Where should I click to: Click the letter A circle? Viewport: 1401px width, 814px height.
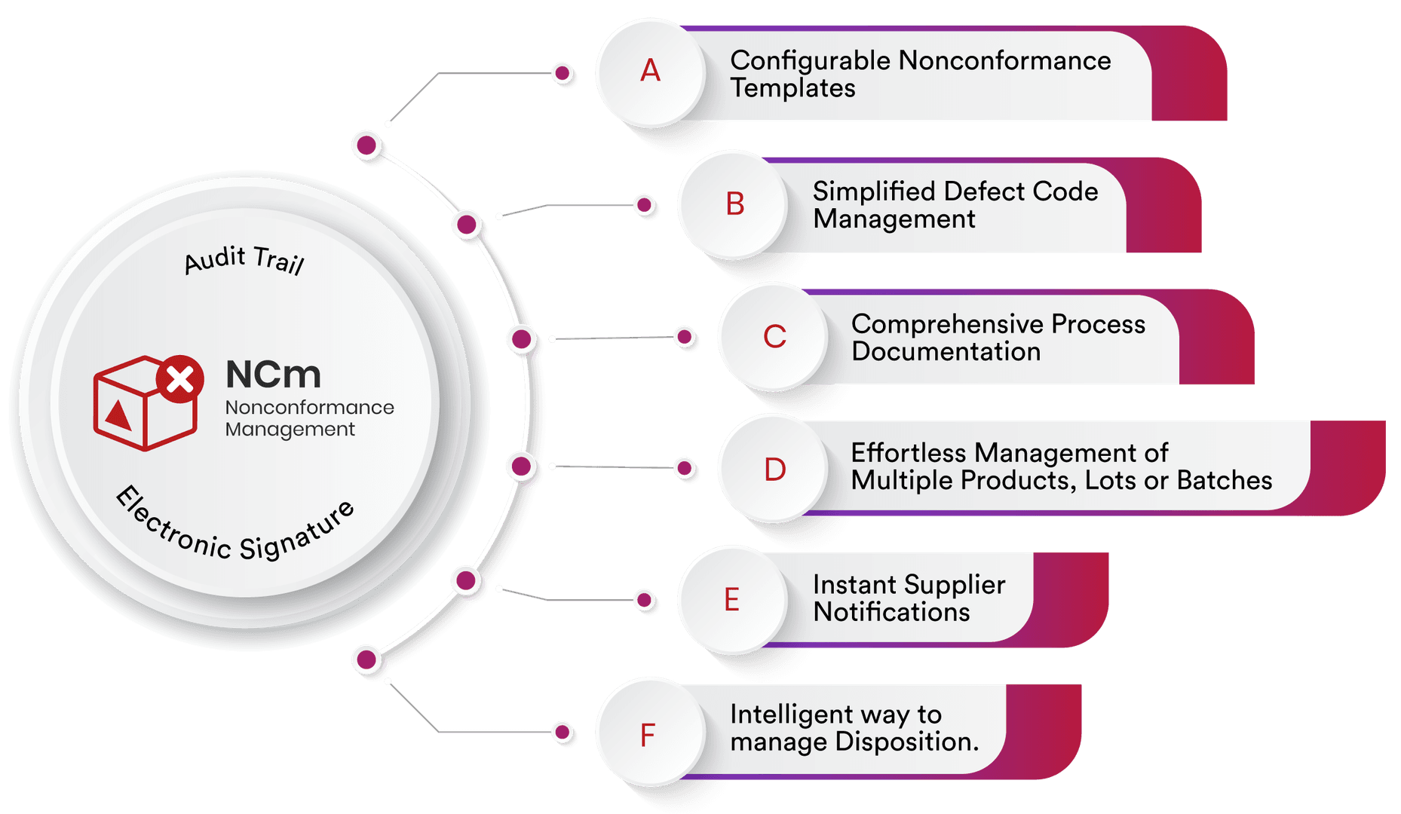click(x=651, y=72)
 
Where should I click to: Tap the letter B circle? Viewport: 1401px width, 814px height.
click(x=734, y=204)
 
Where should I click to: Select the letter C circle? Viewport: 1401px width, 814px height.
click(x=774, y=336)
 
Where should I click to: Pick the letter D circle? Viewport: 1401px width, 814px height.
click(x=774, y=468)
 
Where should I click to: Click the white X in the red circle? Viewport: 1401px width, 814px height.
click(x=180, y=379)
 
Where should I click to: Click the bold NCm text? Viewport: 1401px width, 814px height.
click(x=273, y=375)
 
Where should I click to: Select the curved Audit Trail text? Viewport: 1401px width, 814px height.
click(x=244, y=259)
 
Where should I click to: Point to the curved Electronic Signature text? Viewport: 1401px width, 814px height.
click(x=235, y=528)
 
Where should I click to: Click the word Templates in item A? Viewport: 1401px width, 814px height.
click(x=792, y=88)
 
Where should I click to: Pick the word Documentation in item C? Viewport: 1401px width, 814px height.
click(x=946, y=351)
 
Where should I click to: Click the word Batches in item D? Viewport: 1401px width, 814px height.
click(x=1225, y=480)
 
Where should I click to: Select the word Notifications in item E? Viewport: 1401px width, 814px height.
click(x=892, y=612)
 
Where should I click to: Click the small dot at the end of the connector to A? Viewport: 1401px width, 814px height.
click(x=562, y=73)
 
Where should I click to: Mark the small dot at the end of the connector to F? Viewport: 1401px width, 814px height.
click(x=562, y=732)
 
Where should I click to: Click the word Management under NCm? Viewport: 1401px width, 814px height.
click(x=290, y=430)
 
